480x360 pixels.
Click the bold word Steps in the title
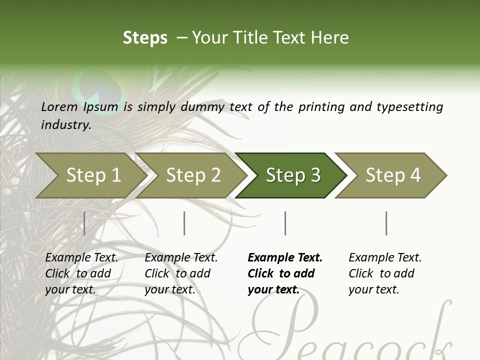coord(145,38)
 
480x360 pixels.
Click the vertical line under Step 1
coord(84,223)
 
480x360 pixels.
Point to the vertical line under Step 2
coord(184,223)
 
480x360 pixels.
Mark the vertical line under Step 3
coord(285,223)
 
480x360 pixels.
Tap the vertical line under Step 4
coord(386,223)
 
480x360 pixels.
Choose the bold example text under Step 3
coord(284,273)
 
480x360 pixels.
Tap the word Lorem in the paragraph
coord(59,107)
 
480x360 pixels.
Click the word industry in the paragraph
coord(65,125)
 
